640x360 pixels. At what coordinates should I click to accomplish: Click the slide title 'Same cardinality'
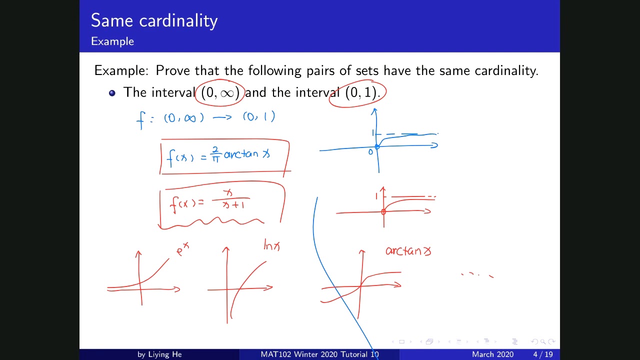click(x=154, y=20)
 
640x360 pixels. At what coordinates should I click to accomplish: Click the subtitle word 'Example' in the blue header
click(x=112, y=41)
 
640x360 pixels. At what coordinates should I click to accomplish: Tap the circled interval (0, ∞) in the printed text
click(x=219, y=92)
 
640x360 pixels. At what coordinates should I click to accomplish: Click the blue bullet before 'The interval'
click(x=112, y=92)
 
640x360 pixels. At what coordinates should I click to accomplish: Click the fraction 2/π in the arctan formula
click(x=215, y=154)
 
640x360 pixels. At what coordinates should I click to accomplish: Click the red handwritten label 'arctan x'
click(x=408, y=251)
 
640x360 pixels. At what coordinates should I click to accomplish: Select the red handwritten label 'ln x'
click(x=272, y=245)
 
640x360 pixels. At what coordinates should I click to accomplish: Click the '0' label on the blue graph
click(x=370, y=152)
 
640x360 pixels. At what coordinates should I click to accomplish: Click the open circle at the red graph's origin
click(x=383, y=211)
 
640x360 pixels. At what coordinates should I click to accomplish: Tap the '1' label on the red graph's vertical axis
click(x=376, y=196)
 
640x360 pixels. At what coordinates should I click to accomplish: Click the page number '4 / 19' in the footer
click(x=542, y=354)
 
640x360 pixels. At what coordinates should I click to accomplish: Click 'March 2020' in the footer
click(x=492, y=354)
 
